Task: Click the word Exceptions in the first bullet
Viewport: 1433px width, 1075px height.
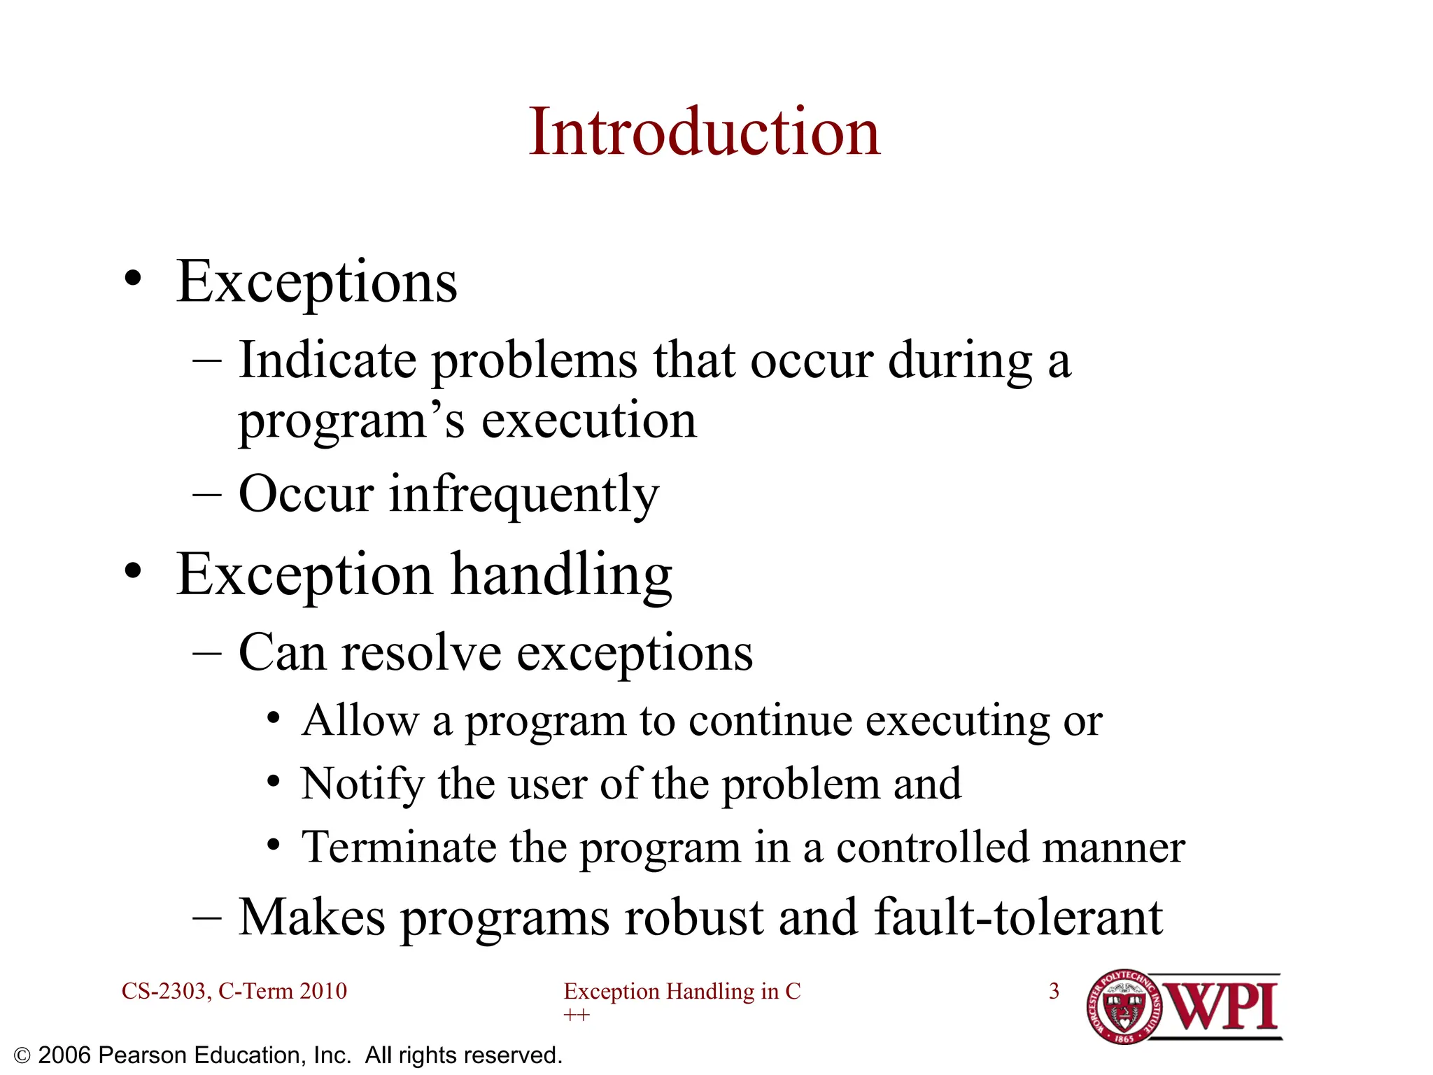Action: click(x=316, y=281)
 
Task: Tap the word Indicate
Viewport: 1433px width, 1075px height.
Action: click(x=327, y=360)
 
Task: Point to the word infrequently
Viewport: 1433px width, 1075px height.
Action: click(x=523, y=494)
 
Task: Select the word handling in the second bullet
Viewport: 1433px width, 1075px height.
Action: click(x=561, y=575)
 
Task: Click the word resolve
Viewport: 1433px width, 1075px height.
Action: click(x=421, y=652)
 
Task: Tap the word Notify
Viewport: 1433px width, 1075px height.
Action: click(x=362, y=783)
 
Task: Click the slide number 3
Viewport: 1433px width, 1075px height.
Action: click(x=1054, y=991)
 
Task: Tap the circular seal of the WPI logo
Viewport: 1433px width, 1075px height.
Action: click(x=1124, y=1007)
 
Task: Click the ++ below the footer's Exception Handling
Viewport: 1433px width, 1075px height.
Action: click(x=577, y=1015)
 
